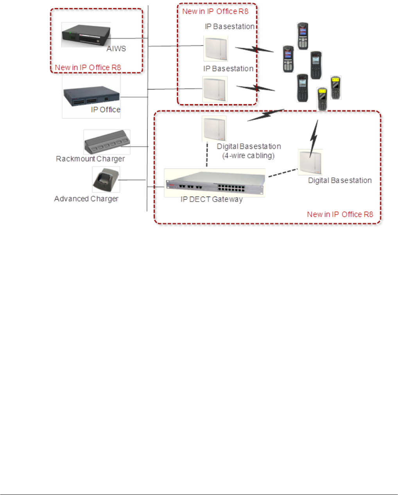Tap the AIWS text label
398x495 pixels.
tap(116, 49)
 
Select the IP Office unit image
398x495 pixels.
tap(91, 96)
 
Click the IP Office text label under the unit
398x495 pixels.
tap(106, 110)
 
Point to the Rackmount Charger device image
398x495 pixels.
tap(107, 142)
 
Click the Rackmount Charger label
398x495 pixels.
tap(90, 159)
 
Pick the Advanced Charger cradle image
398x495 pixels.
tap(106, 179)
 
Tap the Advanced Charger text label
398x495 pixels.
tap(86, 199)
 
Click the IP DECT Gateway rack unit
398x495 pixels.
tap(215, 182)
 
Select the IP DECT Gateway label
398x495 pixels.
tap(212, 200)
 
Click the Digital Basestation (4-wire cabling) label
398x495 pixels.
tap(249, 151)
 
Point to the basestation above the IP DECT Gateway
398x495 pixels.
tap(214, 129)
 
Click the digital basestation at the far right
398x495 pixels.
tap(310, 162)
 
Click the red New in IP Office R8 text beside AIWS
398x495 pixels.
tap(88, 68)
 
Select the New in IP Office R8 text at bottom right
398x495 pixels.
tap(340, 214)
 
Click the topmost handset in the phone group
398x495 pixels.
tap(303, 36)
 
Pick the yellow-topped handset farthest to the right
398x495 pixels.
tap(335, 88)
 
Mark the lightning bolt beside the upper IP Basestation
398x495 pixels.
tap(254, 49)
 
